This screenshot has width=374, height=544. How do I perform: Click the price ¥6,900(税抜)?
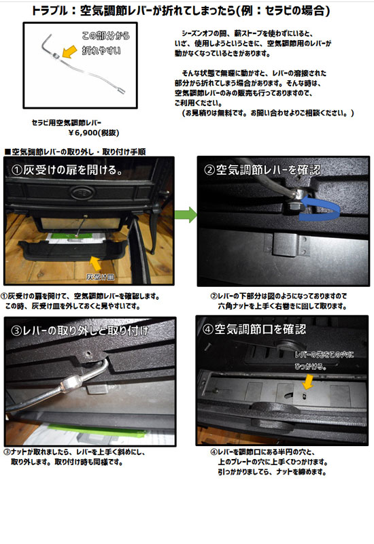94,133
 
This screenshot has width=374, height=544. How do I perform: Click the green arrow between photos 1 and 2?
186,215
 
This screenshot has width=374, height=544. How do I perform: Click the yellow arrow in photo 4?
307,381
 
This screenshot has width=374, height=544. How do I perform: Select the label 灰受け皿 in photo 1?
100,277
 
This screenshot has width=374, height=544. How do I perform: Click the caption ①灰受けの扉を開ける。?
67,169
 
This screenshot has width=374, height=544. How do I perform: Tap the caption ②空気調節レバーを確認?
262,169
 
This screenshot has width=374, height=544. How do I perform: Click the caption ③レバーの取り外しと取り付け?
80,330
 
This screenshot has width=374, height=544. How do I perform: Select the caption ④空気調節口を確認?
254,329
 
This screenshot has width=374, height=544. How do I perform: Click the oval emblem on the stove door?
82,192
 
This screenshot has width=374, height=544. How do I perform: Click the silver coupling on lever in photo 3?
71,384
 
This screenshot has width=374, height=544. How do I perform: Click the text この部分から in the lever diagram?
106,36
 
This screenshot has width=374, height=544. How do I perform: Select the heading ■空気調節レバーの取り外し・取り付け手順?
75,152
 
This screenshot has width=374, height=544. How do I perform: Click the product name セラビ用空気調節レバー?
67,122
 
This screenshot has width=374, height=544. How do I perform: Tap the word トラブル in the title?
50,11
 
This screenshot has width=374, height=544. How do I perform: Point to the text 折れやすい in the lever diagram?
101,50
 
